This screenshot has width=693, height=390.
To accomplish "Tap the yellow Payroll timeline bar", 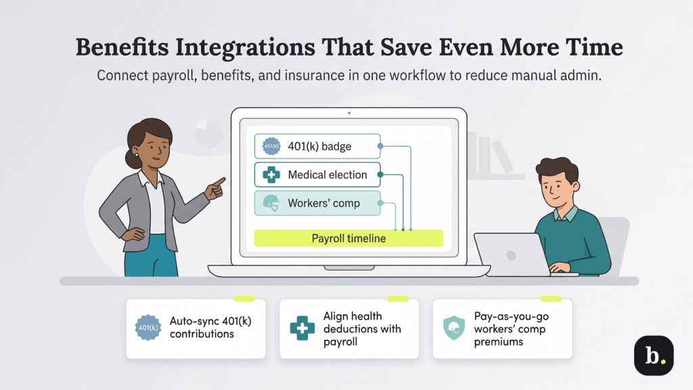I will coord(348,238).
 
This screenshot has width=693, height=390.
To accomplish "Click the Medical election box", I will coord(317,175).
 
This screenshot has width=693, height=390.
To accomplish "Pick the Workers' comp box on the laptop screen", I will coord(317,203).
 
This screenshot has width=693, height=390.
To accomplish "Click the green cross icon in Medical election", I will coord(271,175).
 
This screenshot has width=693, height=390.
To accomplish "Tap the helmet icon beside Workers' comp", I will coord(271,204).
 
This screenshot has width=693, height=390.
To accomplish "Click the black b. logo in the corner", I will coord(653,355).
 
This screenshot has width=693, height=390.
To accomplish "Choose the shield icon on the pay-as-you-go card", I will coord(453,328).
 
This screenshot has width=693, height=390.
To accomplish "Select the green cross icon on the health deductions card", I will coord(302,328).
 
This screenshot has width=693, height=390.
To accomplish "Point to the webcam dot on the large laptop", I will coord(349,113).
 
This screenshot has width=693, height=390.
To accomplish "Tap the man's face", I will coord(557,187).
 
